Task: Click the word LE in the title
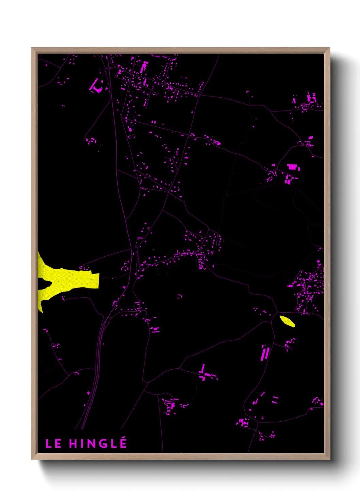(53, 444)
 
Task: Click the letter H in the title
(73, 444)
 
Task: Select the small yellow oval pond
(287, 321)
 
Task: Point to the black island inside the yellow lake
(44, 282)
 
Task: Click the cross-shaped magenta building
(203, 374)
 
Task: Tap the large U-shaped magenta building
(96, 86)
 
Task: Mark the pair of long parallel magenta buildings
(265, 353)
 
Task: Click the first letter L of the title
(48, 444)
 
